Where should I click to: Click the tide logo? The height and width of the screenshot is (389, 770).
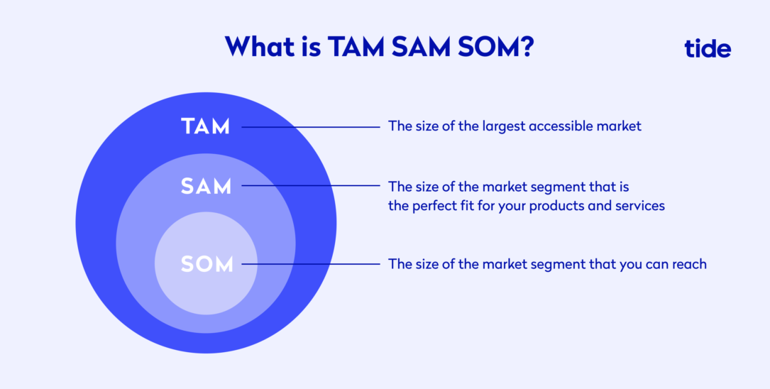[x=707, y=48]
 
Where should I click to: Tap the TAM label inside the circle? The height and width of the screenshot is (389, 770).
[x=205, y=126]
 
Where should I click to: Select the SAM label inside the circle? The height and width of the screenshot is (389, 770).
[x=206, y=186]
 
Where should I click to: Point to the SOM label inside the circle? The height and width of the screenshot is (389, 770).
[x=207, y=264]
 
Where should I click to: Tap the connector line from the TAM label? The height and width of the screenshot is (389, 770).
[x=311, y=127]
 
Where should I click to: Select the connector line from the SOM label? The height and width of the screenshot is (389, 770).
[x=311, y=264]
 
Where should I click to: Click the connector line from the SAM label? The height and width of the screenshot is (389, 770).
[x=311, y=186]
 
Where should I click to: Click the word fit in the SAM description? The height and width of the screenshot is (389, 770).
[x=463, y=206]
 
